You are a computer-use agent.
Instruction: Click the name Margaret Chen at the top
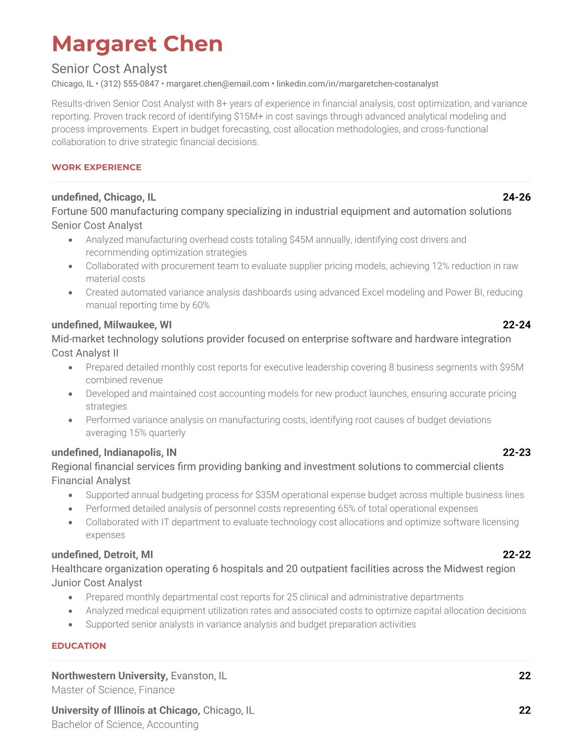[x=137, y=44]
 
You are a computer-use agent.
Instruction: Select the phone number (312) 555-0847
[x=130, y=84]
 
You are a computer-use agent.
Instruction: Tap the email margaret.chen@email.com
[x=218, y=84]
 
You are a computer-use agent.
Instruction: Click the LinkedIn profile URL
[x=357, y=84]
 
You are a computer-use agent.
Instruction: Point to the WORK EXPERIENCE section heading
[x=96, y=168]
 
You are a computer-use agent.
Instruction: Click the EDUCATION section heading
[x=79, y=646]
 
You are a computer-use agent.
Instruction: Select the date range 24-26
[x=516, y=198]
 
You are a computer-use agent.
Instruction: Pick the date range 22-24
[x=516, y=325]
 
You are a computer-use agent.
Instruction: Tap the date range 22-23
[x=516, y=453]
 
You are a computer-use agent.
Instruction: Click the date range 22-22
[x=516, y=555]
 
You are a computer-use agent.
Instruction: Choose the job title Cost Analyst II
[x=85, y=353]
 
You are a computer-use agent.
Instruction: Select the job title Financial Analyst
[x=90, y=481]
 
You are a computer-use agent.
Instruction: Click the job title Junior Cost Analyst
[x=97, y=583]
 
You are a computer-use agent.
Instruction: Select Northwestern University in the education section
[x=109, y=676]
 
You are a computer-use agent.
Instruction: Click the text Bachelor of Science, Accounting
[x=125, y=724]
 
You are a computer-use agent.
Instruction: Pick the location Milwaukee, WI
[x=138, y=325]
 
